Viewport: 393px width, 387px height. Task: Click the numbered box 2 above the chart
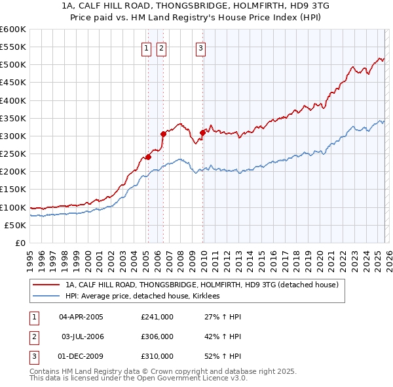[x=161, y=47]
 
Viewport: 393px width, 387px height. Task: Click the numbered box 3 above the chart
[x=200, y=47]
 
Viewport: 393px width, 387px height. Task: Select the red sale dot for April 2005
[x=148, y=157]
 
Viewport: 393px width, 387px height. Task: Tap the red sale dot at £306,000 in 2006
[x=163, y=134]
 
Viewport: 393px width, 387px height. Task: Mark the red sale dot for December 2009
[x=202, y=132]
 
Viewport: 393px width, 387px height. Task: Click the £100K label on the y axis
[x=13, y=207]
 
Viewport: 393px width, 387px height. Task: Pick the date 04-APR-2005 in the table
[x=81, y=316]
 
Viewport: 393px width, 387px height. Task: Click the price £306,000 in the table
[x=157, y=336]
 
